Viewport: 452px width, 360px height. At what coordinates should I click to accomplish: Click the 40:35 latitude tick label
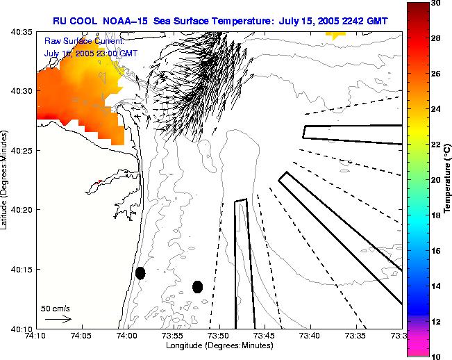[24, 32]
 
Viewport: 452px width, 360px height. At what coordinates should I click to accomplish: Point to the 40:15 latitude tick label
[24, 269]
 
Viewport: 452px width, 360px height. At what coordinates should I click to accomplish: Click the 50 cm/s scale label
[55, 308]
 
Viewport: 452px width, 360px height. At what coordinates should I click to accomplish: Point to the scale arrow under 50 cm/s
[58, 319]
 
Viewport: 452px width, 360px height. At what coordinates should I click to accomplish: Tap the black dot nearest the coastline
[140, 273]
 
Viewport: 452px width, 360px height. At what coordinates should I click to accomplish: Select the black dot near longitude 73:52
[197, 286]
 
